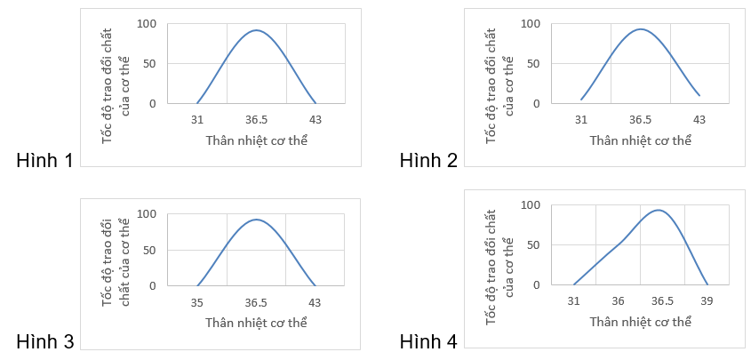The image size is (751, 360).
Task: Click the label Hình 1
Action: (x=44, y=160)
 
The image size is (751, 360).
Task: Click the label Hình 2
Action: (x=428, y=160)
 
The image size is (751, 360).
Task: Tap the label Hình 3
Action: (x=44, y=341)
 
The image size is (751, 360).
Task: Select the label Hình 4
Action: (x=428, y=341)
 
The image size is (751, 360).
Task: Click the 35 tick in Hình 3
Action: (x=196, y=302)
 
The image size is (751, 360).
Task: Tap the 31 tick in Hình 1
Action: (x=196, y=120)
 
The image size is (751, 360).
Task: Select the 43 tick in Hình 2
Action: (x=699, y=120)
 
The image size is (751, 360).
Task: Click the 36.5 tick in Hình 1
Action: (x=256, y=120)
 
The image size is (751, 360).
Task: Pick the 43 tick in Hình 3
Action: (x=316, y=302)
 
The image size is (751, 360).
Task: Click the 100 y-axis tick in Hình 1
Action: (x=148, y=23)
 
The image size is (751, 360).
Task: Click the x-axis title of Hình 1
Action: (x=256, y=140)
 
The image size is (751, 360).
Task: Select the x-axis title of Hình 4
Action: (x=641, y=322)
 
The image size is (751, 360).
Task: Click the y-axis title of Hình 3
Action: (x=116, y=261)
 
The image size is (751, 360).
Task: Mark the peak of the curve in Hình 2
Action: (x=641, y=29)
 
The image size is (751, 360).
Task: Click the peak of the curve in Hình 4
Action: (x=658, y=210)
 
